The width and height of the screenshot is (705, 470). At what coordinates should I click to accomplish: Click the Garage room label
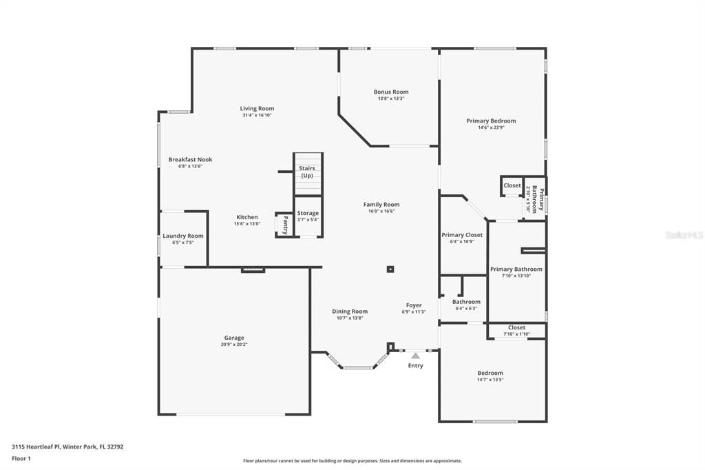coord(234,338)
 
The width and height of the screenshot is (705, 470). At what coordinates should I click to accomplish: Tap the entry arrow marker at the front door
coord(415,356)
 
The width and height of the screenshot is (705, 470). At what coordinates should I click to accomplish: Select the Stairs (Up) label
coord(306,172)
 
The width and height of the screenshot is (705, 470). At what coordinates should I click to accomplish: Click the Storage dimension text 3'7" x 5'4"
coord(308,220)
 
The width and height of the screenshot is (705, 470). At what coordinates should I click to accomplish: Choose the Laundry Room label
coord(183,236)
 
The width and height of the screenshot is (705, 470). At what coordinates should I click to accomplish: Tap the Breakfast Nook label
coord(190,159)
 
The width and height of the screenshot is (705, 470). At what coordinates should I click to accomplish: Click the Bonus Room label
coord(391,92)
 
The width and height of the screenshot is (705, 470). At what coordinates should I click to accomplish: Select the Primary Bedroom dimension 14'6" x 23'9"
coord(491,127)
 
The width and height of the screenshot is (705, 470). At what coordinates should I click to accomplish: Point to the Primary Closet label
coord(462,235)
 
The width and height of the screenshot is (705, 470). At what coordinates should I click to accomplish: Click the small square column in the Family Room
coord(390,269)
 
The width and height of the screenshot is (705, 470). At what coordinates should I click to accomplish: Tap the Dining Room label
coord(350,311)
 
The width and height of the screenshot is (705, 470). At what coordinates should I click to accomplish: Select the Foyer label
coord(414,305)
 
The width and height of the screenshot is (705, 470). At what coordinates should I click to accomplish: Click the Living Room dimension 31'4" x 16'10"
coord(257,115)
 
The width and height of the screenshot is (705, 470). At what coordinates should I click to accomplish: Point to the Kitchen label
coord(247,217)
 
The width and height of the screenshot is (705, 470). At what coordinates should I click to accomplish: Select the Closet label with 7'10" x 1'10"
coord(516,327)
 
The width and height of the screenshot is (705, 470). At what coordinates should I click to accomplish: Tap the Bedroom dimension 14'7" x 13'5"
coord(490,380)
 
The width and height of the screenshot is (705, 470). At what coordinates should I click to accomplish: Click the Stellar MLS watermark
coord(683,235)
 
